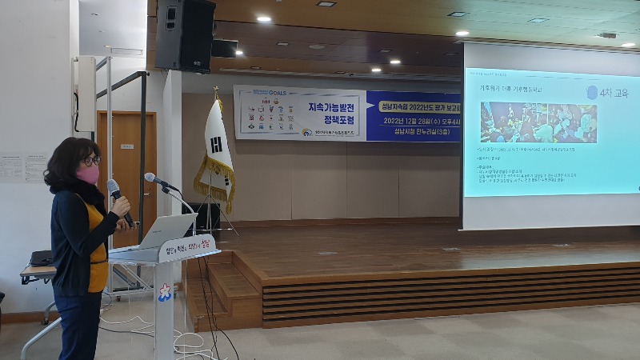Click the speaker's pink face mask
[x=88, y=174]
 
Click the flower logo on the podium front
[x=165, y=292]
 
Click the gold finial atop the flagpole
[x=215, y=90]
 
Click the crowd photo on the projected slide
[x=538, y=122]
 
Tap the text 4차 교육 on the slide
[x=609, y=93]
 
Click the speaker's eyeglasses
[x=91, y=161]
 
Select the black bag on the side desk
[x=40, y=258]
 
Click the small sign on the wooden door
[x=126, y=146]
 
